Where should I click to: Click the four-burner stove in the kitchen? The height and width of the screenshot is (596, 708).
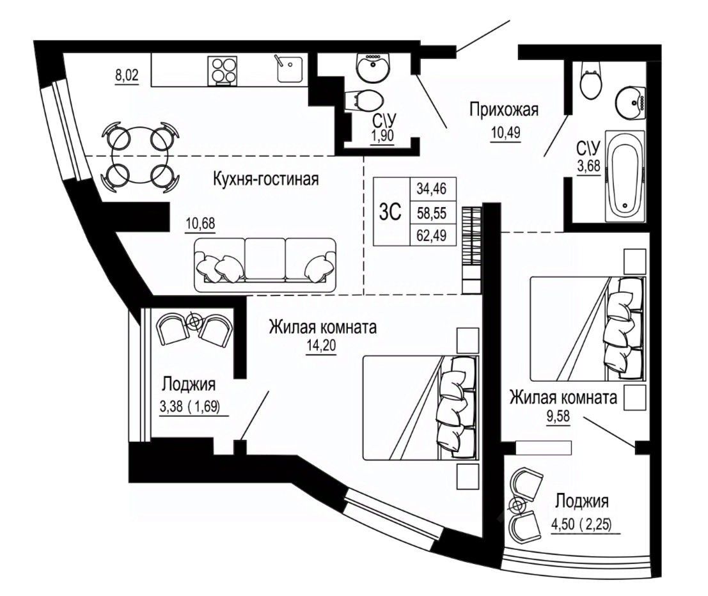[222, 70]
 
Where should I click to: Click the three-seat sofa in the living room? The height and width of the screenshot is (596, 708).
[265, 265]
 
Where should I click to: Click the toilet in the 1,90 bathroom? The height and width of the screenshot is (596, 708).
[363, 100]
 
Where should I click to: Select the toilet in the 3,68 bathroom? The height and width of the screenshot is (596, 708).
[590, 82]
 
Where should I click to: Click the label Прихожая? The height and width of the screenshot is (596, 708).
[504, 110]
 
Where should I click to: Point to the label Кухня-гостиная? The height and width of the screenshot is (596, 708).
[266, 179]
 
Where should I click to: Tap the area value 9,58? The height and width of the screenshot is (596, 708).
[558, 416]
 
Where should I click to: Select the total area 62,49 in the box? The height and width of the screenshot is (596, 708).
[432, 236]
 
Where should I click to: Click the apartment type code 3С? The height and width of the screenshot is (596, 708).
[390, 212]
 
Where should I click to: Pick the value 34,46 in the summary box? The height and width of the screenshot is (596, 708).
[432, 189]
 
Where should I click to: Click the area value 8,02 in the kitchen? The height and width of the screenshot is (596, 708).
[127, 75]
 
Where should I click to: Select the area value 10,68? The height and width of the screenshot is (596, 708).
[200, 223]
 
